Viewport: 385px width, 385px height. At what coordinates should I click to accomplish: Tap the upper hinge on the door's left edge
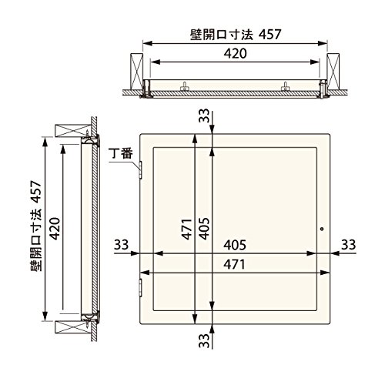click(x=140, y=169)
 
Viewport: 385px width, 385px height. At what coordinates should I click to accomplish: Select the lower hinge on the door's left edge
click(x=140, y=288)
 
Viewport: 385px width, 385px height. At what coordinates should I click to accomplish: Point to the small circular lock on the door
click(x=322, y=229)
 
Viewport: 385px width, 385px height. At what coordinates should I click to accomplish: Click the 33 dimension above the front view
click(x=204, y=116)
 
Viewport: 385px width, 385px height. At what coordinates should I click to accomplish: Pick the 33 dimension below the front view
click(x=204, y=340)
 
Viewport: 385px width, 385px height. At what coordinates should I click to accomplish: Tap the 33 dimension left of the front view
click(x=121, y=245)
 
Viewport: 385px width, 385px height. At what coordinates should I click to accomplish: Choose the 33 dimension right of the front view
click(x=348, y=245)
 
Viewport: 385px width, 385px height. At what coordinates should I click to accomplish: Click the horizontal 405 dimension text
click(x=235, y=245)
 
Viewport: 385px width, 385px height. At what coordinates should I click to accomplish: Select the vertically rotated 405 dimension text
click(x=204, y=229)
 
